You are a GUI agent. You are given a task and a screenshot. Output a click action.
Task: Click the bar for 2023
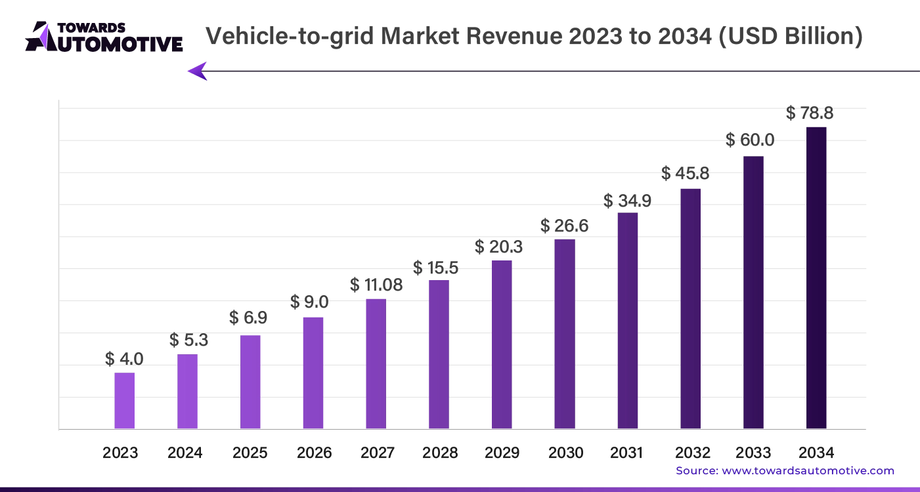(x=124, y=401)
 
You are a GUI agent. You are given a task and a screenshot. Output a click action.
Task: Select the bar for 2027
(x=376, y=364)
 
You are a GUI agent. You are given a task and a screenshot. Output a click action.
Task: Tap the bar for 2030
(x=565, y=334)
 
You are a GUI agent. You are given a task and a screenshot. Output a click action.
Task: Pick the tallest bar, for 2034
(x=816, y=278)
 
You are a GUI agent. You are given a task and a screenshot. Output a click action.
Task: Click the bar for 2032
(x=690, y=309)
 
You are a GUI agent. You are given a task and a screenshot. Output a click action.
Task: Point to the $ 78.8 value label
(x=810, y=113)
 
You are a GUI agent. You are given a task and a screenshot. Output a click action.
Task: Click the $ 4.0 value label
(x=124, y=359)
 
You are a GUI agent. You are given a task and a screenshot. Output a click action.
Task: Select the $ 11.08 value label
(x=376, y=285)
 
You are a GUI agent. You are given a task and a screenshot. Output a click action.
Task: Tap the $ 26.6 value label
(x=565, y=226)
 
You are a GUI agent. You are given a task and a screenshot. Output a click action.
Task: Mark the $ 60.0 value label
(x=750, y=140)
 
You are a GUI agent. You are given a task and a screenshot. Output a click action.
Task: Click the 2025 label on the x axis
(x=250, y=453)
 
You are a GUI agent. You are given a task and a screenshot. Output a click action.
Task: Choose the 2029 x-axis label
(x=502, y=453)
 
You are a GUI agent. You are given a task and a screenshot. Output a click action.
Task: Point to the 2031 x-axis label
(x=627, y=453)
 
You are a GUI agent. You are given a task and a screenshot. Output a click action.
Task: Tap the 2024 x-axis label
(x=185, y=453)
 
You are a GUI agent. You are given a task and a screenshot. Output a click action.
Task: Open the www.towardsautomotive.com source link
(x=808, y=470)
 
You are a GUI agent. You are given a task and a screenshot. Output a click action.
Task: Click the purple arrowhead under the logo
(x=198, y=71)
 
